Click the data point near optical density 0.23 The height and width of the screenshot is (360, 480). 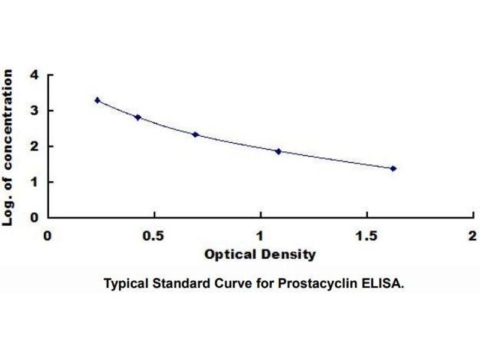98,100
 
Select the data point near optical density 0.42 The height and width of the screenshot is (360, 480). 138,118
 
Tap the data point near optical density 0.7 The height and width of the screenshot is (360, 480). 196,134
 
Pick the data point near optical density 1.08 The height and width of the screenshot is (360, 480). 278,151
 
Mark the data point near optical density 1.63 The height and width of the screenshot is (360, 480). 394,169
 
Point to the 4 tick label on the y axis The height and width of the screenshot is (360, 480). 35,76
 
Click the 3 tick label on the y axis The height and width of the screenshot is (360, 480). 35,111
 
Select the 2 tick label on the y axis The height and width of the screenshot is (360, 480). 35,146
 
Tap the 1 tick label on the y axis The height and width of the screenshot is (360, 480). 35,182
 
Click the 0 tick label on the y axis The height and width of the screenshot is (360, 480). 35,217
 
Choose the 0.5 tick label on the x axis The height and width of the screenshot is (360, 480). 154,235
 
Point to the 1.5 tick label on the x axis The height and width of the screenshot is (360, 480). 366,235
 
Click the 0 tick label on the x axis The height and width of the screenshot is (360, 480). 48,235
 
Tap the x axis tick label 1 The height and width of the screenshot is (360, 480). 260,235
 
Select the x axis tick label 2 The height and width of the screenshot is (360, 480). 472,235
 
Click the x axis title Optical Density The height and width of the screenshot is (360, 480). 260,254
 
